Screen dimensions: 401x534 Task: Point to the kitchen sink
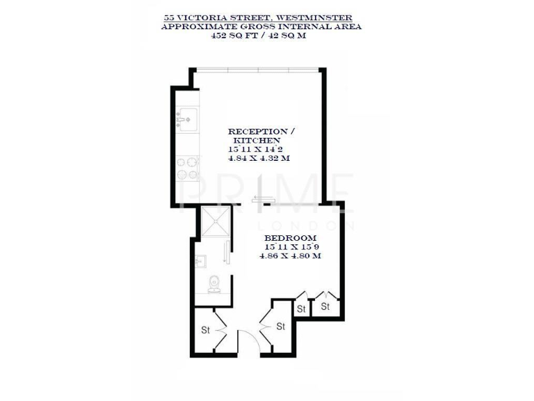[186, 120]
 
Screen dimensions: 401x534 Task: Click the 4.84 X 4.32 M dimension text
[258, 159]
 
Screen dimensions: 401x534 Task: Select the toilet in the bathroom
[214, 283]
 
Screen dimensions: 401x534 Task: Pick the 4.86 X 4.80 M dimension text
[291, 256]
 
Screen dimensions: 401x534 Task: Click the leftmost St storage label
[206, 330]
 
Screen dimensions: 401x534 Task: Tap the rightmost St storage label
[325, 306]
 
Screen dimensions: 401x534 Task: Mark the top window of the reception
[257, 68]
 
